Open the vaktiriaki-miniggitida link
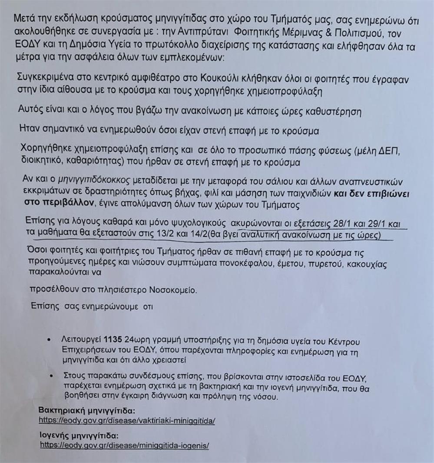click(127, 421)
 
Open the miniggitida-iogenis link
click(125, 446)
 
